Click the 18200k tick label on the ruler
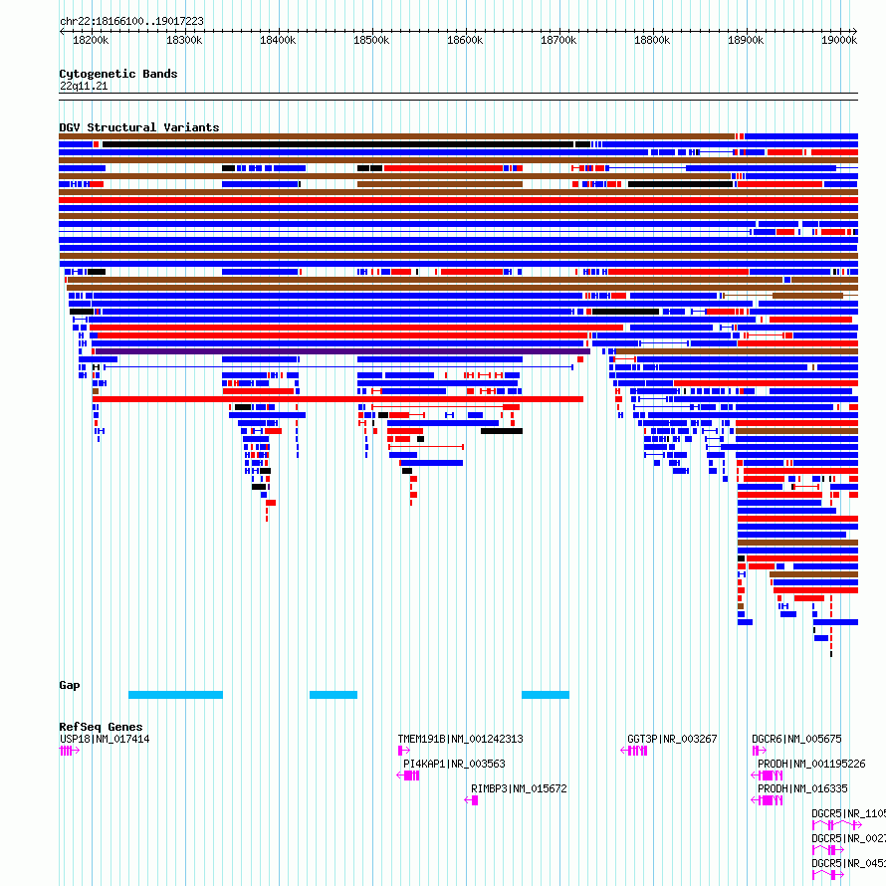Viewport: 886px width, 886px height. (x=91, y=40)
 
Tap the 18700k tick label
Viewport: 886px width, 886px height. (x=558, y=40)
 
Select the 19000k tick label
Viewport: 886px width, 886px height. (x=839, y=40)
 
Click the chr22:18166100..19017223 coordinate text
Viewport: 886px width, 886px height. (x=131, y=20)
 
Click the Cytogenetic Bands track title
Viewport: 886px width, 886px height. (x=117, y=74)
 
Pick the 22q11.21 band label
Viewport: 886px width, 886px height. (x=84, y=86)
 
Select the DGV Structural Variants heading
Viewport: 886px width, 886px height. (x=138, y=127)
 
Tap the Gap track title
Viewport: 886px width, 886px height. (x=70, y=685)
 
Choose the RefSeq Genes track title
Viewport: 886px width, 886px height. (x=101, y=727)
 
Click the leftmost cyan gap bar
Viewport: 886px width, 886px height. (x=175, y=694)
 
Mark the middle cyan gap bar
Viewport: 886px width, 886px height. (x=333, y=694)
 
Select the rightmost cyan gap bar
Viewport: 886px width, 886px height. (x=546, y=694)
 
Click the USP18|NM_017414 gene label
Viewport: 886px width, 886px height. (x=105, y=739)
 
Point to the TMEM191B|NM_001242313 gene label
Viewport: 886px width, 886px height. (x=460, y=739)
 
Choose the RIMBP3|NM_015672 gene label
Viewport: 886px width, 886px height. (x=519, y=788)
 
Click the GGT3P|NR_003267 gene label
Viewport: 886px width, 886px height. (x=672, y=739)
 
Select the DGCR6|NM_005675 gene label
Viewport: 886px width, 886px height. (x=796, y=739)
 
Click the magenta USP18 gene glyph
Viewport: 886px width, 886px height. (x=68, y=751)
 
